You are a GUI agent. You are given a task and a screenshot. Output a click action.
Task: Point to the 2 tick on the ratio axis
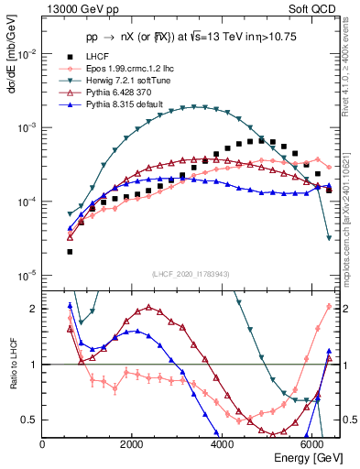pos(35,309)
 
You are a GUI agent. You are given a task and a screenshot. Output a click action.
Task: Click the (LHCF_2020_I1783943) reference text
pos(191,274)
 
